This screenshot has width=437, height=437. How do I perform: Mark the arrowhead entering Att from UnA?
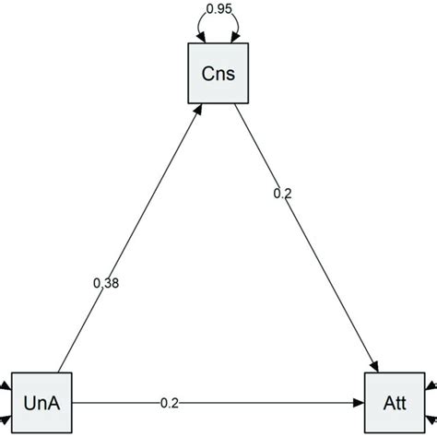(360, 403)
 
